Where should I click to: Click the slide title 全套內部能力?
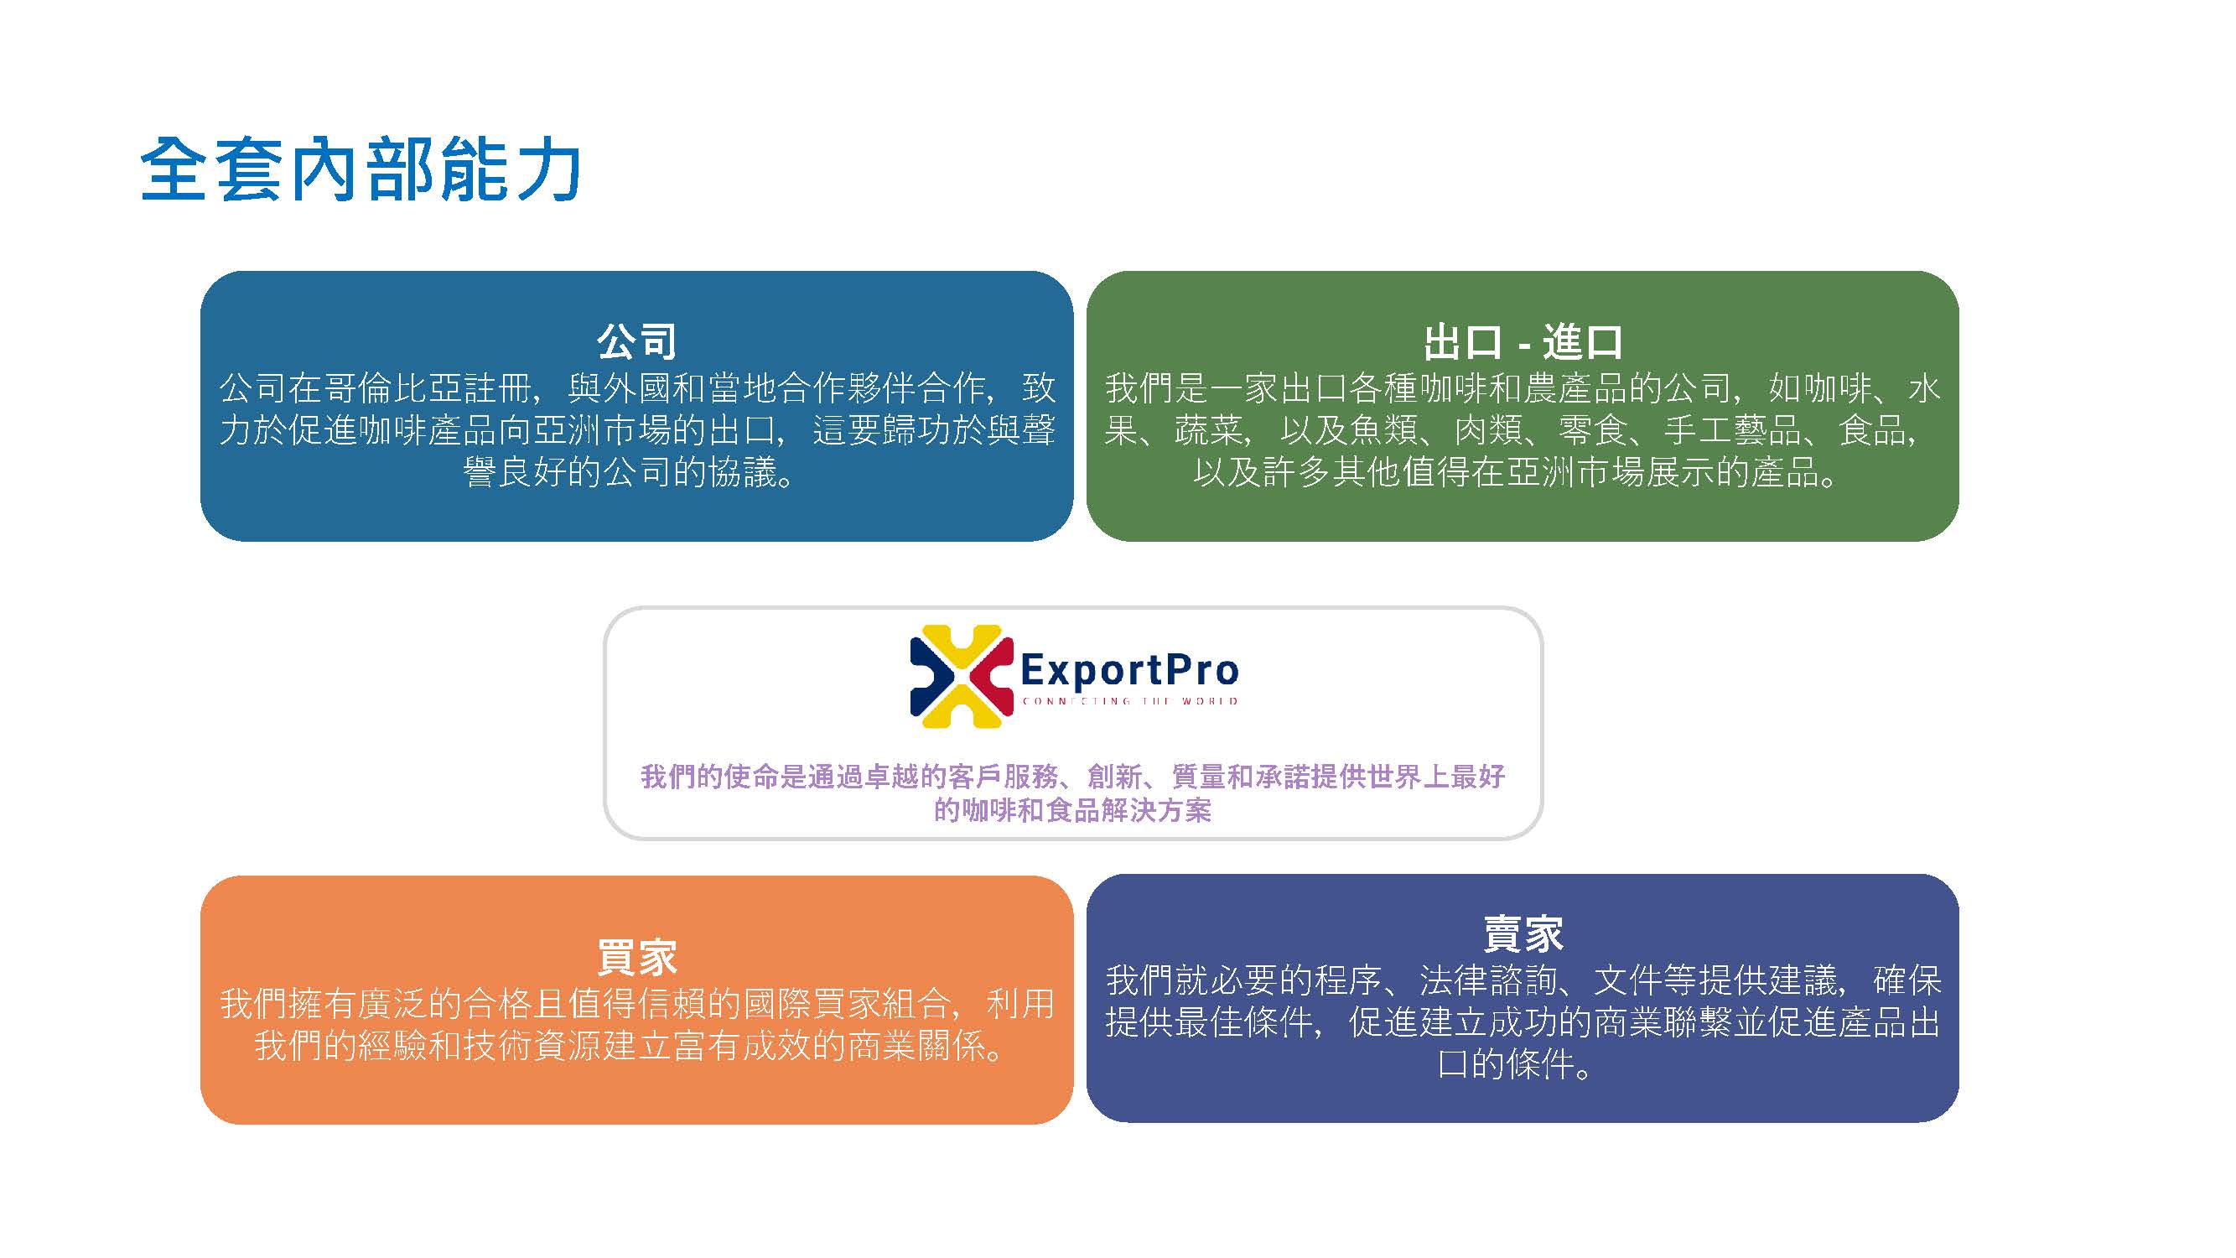[361, 169]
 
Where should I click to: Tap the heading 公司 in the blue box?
[636, 341]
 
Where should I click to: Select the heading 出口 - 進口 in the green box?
[1523, 341]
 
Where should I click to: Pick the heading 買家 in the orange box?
[636, 957]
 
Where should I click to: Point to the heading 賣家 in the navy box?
[1523, 933]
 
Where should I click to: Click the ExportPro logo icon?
[961, 676]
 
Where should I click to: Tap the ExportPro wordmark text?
[1129, 669]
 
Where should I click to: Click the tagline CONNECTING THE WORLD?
[1129, 700]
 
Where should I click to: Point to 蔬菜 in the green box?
[1209, 429]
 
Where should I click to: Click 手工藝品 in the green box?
[1731, 429]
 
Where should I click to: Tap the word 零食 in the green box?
[1593, 429]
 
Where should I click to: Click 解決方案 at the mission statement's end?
[1155, 809]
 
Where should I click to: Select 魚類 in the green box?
[1383, 429]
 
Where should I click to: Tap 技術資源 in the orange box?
[532, 1046]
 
